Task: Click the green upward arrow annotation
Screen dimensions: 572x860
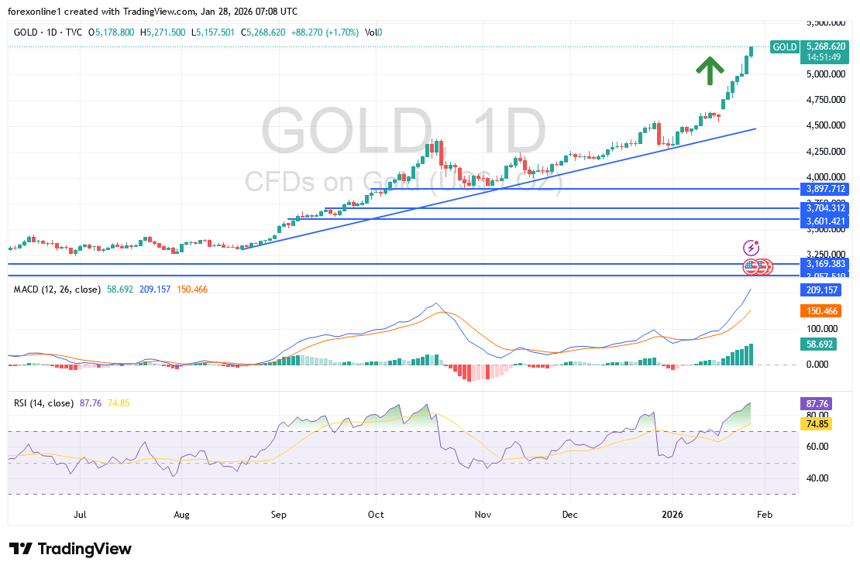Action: click(704, 70)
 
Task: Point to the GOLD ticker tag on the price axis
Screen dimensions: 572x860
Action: click(784, 47)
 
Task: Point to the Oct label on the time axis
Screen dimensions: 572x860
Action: click(376, 513)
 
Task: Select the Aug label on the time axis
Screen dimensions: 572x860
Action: click(181, 513)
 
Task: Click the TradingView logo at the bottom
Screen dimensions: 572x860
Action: click(71, 549)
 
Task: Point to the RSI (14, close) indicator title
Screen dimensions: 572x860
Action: click(43, 403)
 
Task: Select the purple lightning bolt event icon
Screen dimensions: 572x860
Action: click(751, 248)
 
